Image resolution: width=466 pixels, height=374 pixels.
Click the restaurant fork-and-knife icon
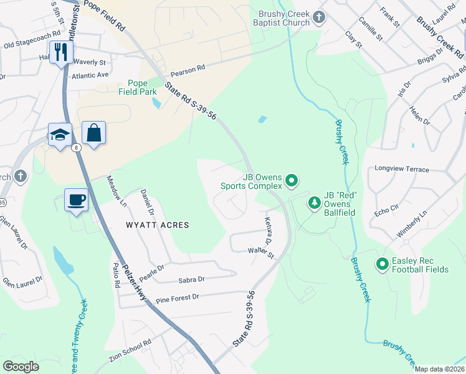click(x=60, y=52)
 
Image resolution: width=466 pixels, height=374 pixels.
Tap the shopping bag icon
click(x=93, y=133)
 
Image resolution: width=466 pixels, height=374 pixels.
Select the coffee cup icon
click(x=76, y=200)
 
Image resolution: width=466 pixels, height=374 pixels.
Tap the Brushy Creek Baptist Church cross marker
click(x=319, y=17)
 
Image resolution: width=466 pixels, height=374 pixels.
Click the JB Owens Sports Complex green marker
click(x=292, y=181)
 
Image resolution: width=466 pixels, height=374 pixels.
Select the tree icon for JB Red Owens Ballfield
click(x=315, y=203)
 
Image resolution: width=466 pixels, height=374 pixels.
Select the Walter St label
click(x=261, y=252)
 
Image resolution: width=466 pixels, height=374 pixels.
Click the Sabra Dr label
click(x=191, y=280)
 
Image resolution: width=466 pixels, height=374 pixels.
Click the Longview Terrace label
click(x=402, y=169)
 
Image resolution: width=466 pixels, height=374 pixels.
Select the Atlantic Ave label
click(x=90, y=75)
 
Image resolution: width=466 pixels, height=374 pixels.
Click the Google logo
click(x=21, y=367)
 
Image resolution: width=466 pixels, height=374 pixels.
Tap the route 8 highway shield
click(x=75, y=148)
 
